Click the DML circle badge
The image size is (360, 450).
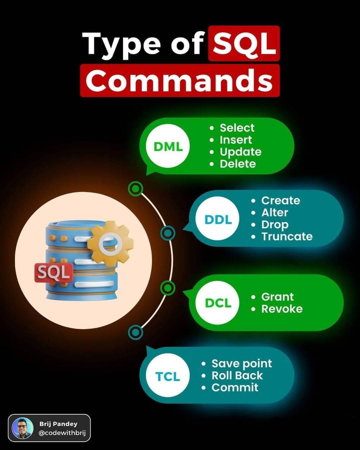[168, 146]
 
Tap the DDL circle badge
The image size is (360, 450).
[217, 219]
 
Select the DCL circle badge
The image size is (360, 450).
[217, 303]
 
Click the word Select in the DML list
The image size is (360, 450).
[237, 128]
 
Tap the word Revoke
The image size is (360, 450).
[282, 309]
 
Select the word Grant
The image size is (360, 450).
[278, 297]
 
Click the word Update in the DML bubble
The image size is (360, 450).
[240, 152]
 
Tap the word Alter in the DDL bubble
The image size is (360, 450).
[275, 213]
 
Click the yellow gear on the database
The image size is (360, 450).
[110, 244]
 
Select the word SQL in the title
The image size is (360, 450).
[244, 44]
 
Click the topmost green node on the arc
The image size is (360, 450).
[136, 189]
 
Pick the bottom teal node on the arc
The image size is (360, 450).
[136, 332]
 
